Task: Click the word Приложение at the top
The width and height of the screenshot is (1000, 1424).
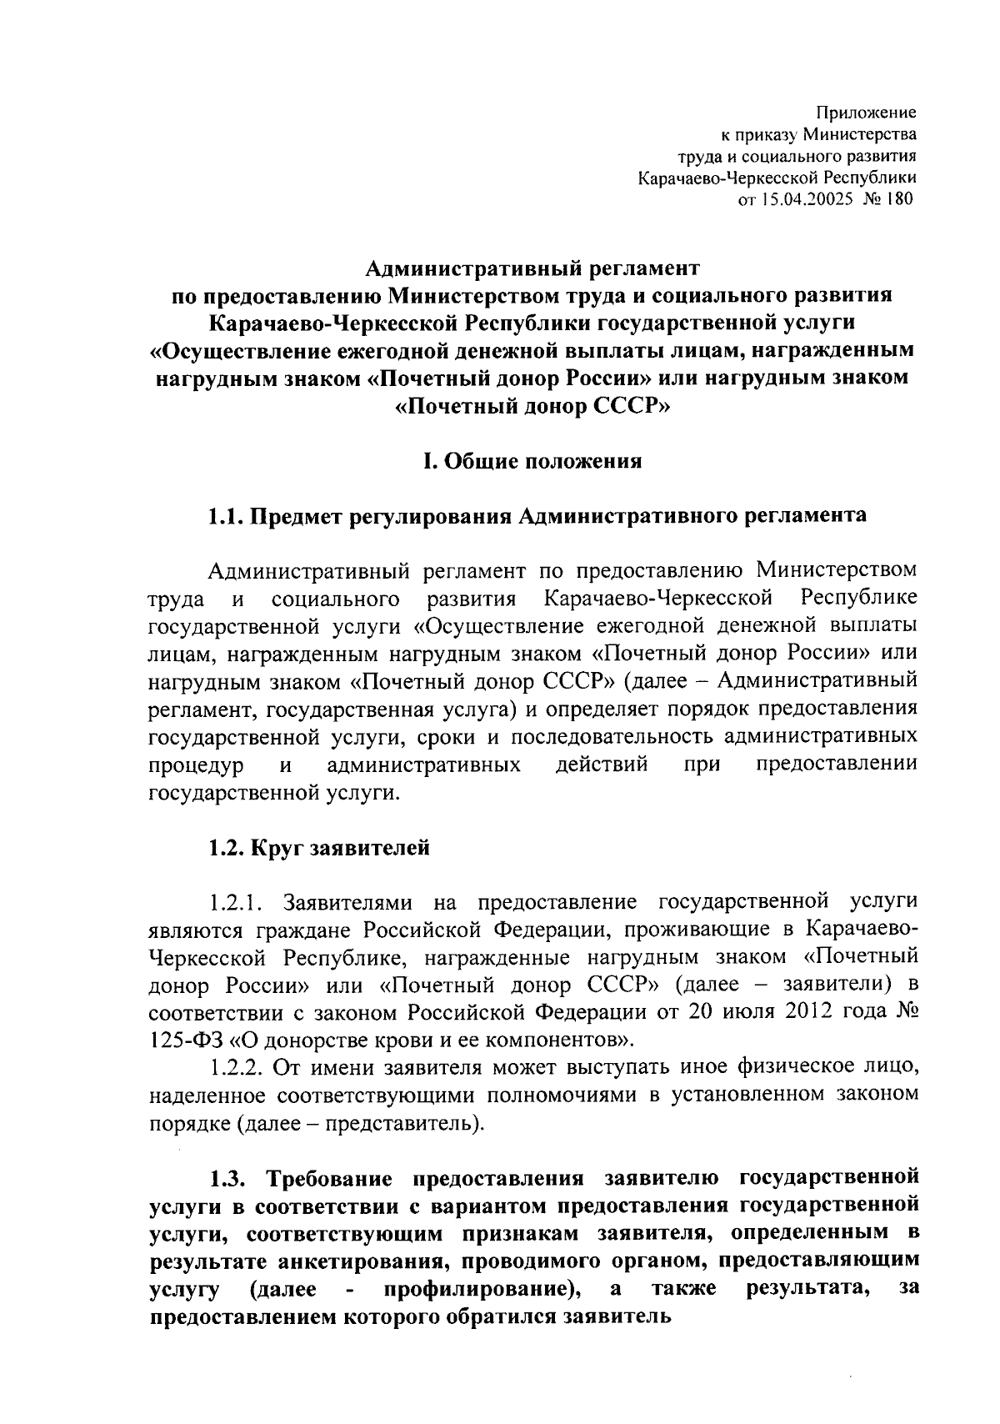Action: tap(865, 113)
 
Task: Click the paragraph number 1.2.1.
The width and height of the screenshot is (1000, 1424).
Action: tap(237, 902)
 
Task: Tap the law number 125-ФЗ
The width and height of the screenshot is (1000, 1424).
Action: tap(187, 1040)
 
